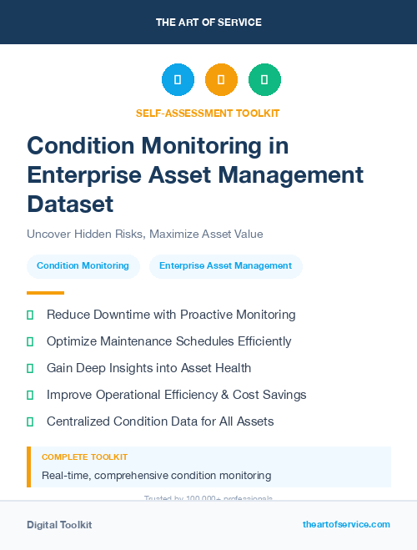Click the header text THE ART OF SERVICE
208,22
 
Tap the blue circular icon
178,79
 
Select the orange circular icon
221,79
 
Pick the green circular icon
264,79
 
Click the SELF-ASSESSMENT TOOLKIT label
208,113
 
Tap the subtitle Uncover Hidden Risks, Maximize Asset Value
150,235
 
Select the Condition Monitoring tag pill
83,266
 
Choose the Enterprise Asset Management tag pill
225,266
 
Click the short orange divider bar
45,293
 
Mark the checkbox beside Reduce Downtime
30,315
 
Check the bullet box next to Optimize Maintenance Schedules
30,341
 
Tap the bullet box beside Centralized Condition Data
30,421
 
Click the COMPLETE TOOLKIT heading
84,457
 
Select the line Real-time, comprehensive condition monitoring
156,476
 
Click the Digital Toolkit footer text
59,525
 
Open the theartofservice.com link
346,524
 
